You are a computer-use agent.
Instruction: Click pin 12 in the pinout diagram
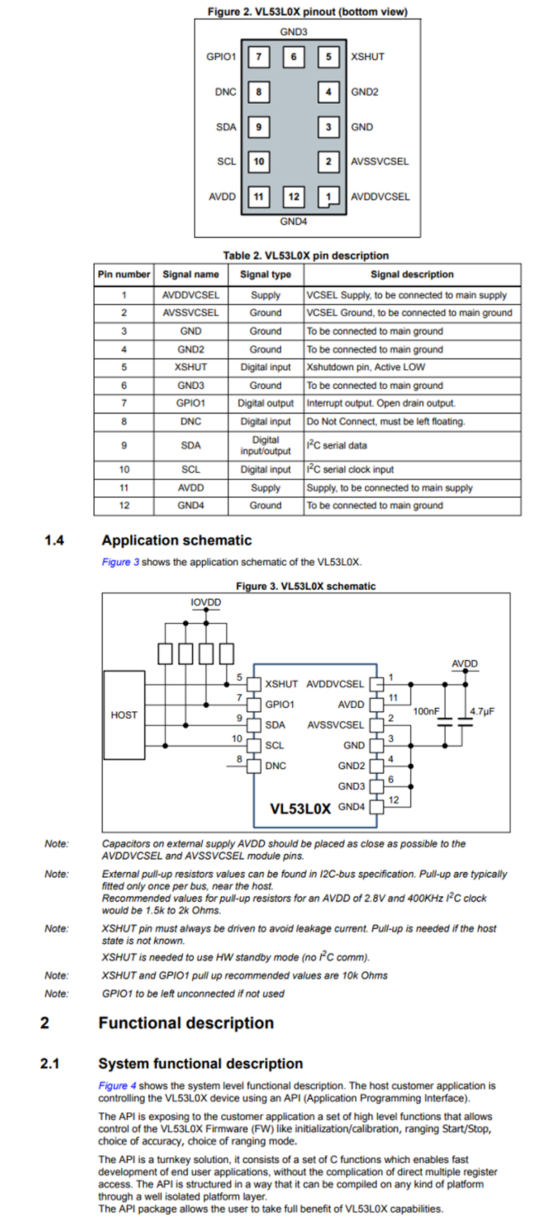pyautogui.click(x=294, y=197)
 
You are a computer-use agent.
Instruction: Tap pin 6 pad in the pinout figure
pyautogui.click(x=294, y=57)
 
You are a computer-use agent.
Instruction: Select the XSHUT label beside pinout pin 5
pyautogui.click(x=367, y=57)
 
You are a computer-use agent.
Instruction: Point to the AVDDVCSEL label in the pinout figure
pyautogui.click(x=380, y=197)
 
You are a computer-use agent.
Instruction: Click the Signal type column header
pyautogui.click(x=265, y=274)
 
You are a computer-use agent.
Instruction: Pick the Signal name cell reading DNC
pyautogui.click(x=190, y=421)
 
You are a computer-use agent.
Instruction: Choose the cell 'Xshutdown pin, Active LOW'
pyautogui.click(x=366, y=367)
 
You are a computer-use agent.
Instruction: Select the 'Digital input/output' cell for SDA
pyautogui.click(x=265, y=445)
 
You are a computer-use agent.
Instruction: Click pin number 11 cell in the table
pyautogui.click(x=124, y=488)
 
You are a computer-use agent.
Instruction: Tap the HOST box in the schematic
pyautogui.click(x=124, y=715)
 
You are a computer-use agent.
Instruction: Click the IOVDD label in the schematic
pyautogui.click(x=206, y=602)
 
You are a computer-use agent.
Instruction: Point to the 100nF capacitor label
pyautogui.click(x=426, y=711)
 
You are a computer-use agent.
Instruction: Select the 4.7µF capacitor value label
pyautogui.click(x=482, y=711)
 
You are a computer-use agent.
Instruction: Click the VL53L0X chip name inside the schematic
pyautogui.click(x=300, y=809)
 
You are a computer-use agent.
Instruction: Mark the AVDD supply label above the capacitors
pyautogui.click(x=465, y=663)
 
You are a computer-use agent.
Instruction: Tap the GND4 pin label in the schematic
pyautogui.click(x=351, y=807)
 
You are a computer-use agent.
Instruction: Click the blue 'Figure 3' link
pyautogui.click(x=120, y=562)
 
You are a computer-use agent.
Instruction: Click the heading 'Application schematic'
pyautogui.click(x=177, y=540)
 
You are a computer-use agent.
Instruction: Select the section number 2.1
pyautogui.click(x=50, y=1064)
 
